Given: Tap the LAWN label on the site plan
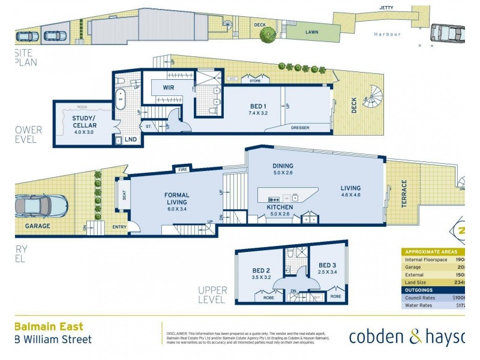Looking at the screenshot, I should click(311, 32).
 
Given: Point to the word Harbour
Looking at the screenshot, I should click(387, 34).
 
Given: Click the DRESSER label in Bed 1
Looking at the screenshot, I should click(300, 127).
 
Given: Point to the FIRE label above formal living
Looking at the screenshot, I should click(182, 170).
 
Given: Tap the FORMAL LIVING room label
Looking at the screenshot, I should click(177, 199).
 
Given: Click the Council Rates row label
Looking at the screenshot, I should click(422, 296).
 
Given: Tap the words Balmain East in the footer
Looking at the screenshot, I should click(49, 327).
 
